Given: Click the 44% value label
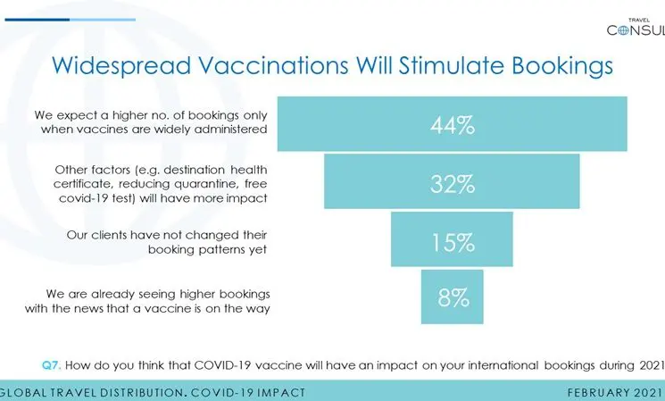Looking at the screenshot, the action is [453, 125].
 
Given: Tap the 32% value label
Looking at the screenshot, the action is [453, 184].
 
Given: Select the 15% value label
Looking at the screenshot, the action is [453, 242].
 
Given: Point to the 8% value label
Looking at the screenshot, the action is [453, 297].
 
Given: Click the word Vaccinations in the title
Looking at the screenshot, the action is [273, 65].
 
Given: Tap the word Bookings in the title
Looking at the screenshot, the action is [562, 67].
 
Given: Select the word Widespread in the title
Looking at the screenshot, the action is [121, 67].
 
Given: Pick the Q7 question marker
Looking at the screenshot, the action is [52, 365].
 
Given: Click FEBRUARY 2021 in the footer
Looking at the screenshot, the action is [615, 392].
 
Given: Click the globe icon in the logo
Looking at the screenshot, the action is [623, 30].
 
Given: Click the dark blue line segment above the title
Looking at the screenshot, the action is [37, 20].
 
